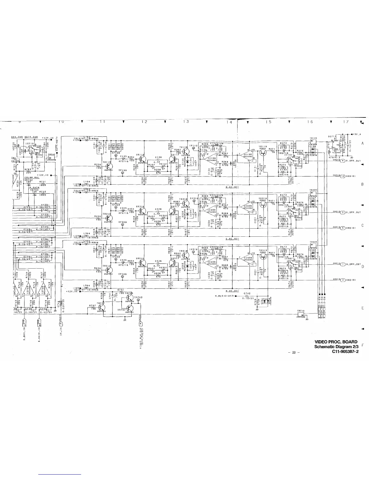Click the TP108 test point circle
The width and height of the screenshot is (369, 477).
click(x=116, y=156)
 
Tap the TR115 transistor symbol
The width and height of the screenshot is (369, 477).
click(x=110, y=166)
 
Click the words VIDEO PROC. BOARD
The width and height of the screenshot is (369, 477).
click(x=336, y=342)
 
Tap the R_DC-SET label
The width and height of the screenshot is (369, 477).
click(x=232, y=187)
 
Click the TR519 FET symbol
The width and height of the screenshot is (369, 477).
click(x=263, y=256)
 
